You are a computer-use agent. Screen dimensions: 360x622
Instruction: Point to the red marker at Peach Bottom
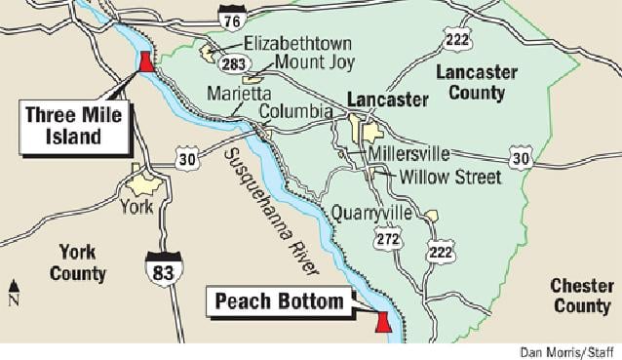pos(382,323)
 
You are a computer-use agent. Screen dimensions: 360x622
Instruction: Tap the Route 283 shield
pos(233,63)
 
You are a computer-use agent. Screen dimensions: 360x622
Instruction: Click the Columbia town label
pos(295,112)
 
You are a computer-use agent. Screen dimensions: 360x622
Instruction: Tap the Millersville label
pos(407,154)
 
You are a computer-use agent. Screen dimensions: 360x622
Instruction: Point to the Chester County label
pos(580,295)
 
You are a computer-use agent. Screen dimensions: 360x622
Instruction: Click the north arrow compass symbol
pos(14,290)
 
